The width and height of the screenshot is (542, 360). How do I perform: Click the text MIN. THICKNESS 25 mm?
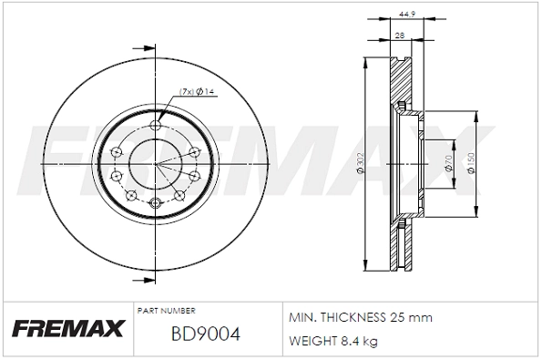tap(360, 318)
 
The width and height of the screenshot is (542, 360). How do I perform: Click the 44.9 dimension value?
tap(406, 14)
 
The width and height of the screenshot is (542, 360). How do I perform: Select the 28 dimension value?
tap(399, 35)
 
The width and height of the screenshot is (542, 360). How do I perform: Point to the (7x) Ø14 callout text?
tap(195, 91)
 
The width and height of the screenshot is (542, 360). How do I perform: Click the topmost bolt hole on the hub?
tap(155, 126)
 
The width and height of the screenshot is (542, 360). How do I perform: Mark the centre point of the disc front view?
tap(155, 164)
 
